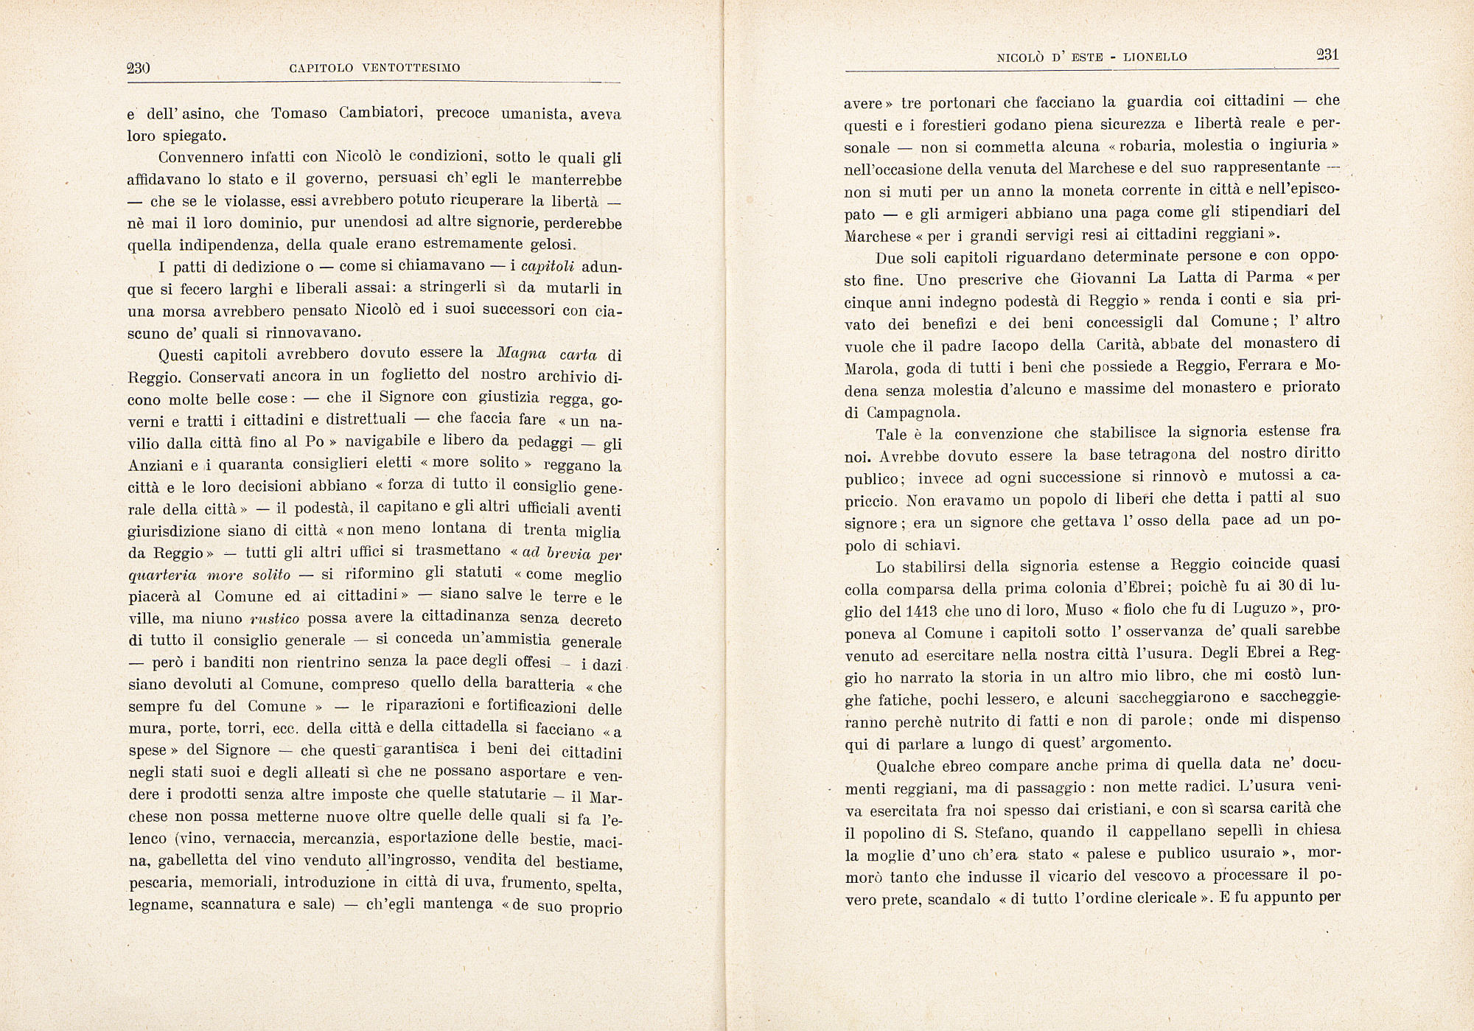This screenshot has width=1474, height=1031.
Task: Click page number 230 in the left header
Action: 139,69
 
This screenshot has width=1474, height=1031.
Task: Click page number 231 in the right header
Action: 1327,55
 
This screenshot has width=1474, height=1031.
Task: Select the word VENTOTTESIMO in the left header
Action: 411,69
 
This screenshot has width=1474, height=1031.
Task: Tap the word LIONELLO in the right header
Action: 1155,57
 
